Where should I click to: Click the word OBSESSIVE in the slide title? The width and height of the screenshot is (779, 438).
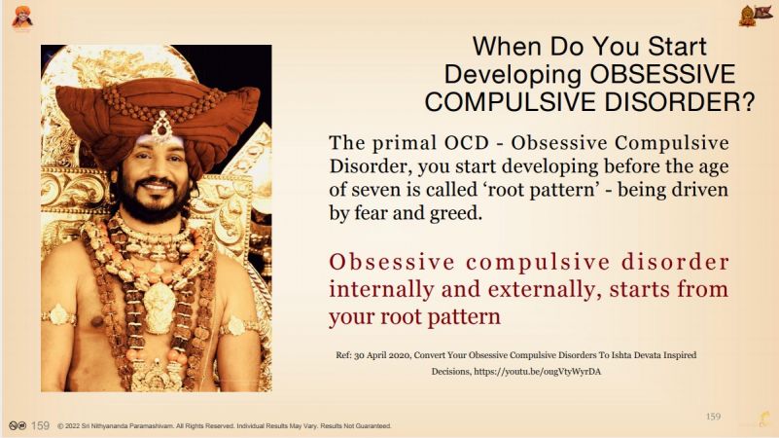[x=662, y=74]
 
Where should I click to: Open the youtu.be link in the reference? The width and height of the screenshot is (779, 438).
[x=537, y=372]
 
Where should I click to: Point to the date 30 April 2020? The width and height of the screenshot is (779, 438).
[x=382, y=355]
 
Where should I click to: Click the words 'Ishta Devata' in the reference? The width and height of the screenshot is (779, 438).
[x=634, y=355]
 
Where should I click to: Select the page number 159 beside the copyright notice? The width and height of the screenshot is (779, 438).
[x=40, y=425]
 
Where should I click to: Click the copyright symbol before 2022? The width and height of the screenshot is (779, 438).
[x=60, y=426]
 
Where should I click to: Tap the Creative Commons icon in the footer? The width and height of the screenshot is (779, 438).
[x=18, y=425]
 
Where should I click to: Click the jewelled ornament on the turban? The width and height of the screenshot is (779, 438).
[x=161, y=126]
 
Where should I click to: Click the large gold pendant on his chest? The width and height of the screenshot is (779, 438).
[x=159, y=309]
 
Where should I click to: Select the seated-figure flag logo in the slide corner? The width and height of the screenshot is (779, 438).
[x=753, y=16]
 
